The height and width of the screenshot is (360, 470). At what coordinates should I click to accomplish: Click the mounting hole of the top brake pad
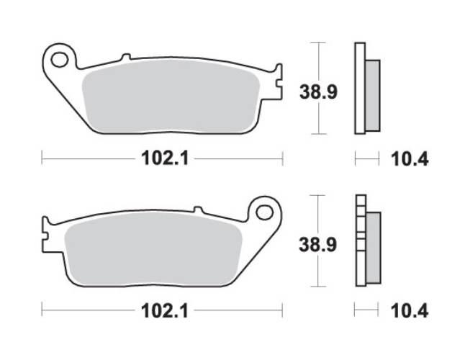(61, 57)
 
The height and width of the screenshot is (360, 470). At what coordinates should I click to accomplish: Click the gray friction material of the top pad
(169, 97)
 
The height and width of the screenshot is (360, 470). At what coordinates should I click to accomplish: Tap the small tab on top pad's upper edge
(125, 57)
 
